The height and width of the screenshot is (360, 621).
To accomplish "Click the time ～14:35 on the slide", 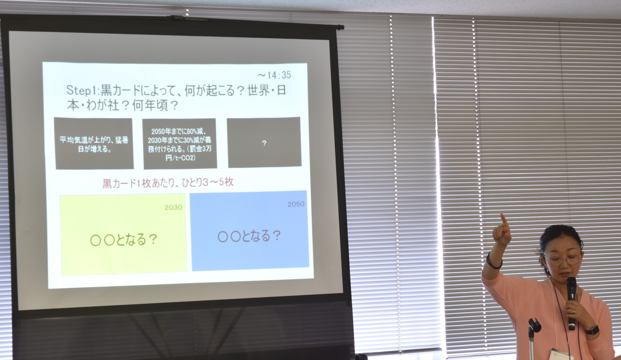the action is click(274, 75).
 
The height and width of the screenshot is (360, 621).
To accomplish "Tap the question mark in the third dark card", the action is click(264, 143).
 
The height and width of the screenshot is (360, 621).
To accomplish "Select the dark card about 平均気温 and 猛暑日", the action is click(94, 143).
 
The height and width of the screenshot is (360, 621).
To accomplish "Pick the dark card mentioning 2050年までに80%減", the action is click(179, 144).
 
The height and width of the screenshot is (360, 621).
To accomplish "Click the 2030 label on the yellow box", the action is click(173, 207).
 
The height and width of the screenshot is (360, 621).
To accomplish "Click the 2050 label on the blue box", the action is click(296, 204).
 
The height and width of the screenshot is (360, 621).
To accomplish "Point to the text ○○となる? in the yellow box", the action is click(123, 240).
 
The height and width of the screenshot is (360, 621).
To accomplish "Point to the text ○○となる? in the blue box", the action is click(249, 236).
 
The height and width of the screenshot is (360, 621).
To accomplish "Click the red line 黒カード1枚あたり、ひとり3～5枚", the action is click(168, 183).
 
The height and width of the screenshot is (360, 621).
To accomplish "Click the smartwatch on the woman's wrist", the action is click(593, 330).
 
